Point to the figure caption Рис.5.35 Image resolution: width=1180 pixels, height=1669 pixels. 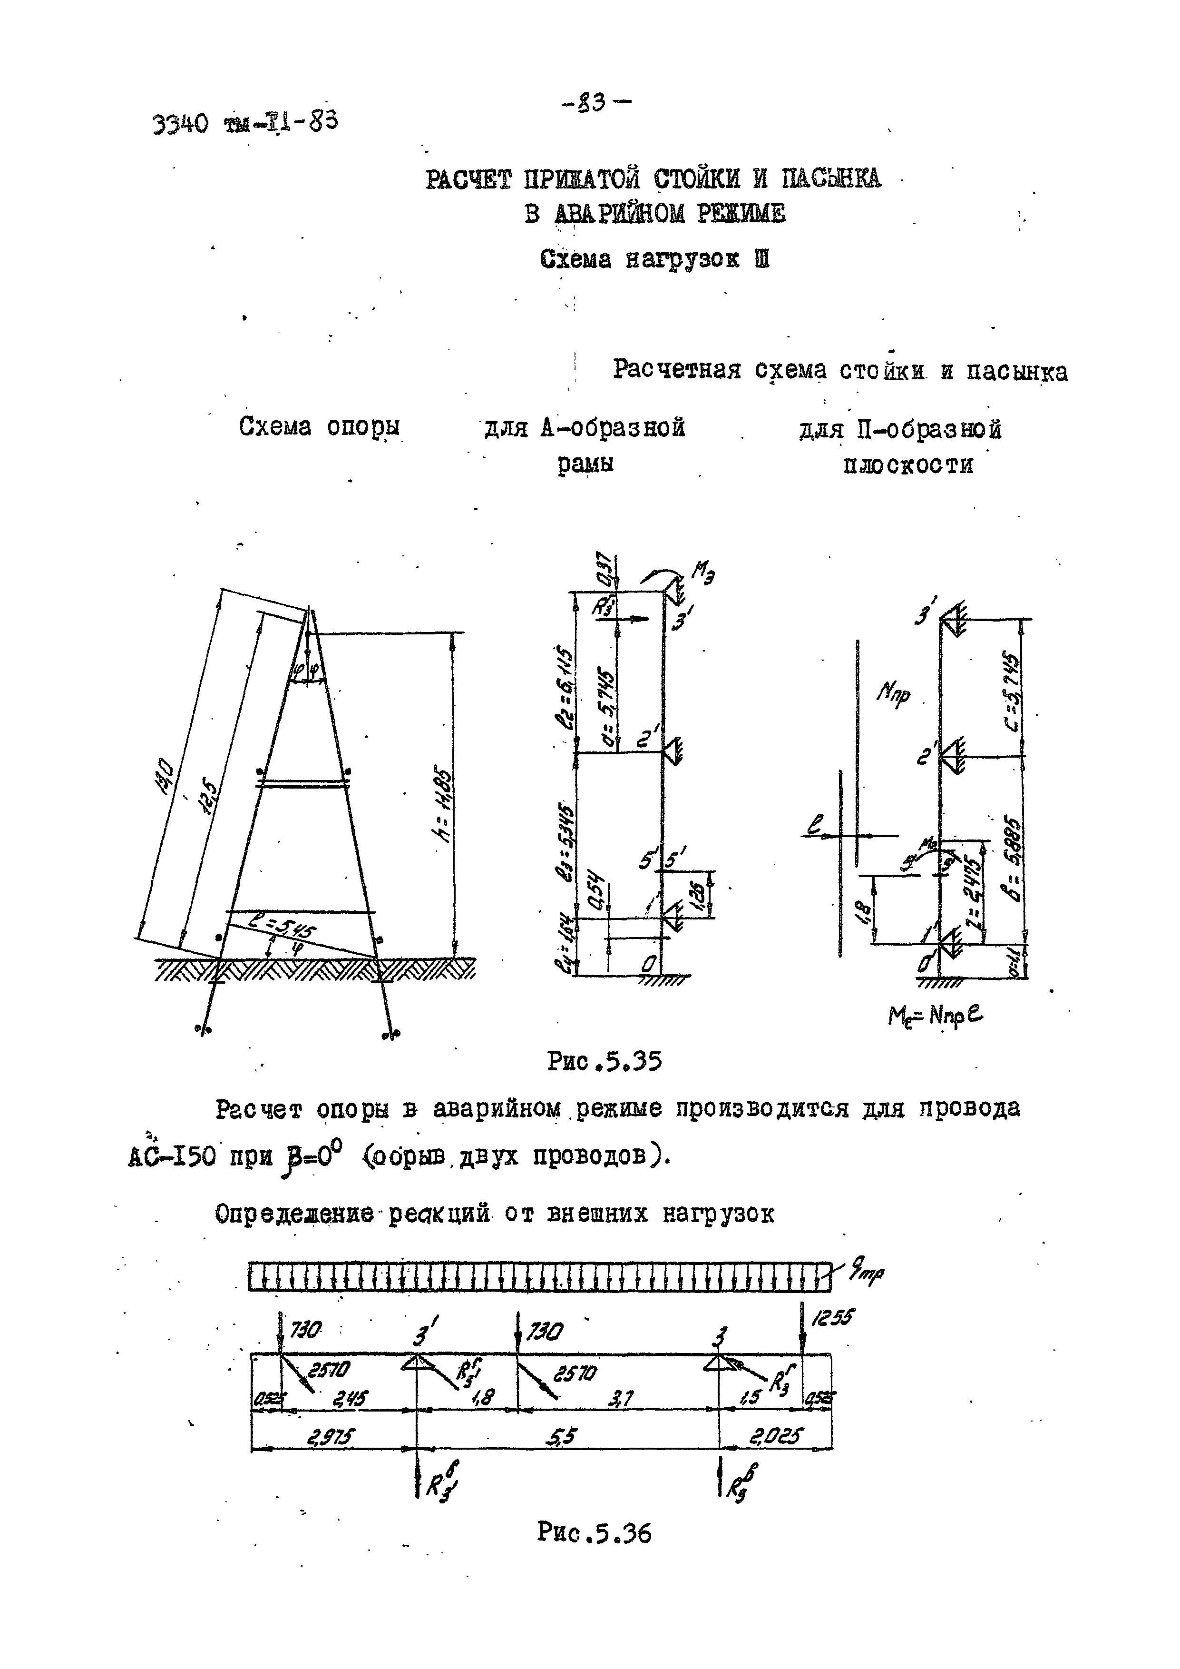point(605,1063)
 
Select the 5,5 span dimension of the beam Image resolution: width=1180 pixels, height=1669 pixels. point(562,1436)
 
